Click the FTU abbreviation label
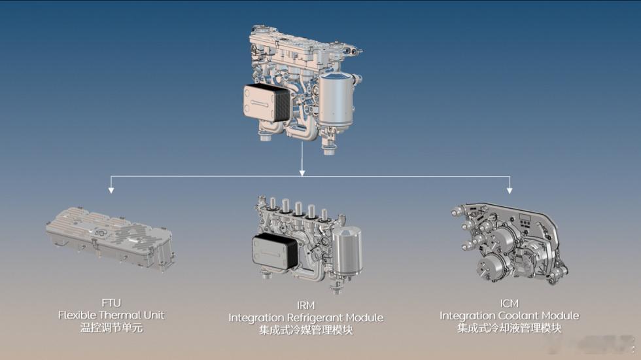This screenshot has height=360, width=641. coord(111,303)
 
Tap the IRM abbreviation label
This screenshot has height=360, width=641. coord(306,306)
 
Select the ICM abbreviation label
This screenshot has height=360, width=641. coord(509,304)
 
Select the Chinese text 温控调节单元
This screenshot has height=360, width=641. coord(111,328)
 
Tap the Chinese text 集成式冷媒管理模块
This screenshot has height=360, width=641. coord(306,330)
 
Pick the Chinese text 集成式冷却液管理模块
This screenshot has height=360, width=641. coord(510,328)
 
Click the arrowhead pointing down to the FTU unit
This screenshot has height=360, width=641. coord(111,190)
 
